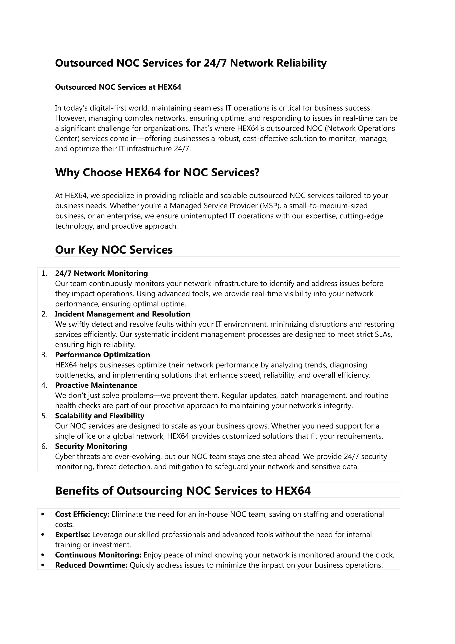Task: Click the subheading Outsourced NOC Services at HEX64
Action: pyautogui.click(x=118, y=87)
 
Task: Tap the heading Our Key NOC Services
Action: pyautogui.click(x=114, y=250)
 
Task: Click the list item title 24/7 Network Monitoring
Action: pyautogui.click(x=102, y=273)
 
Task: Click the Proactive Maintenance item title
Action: pyautogui.click(x=96, y=385)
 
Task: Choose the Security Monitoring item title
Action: pyautogui.click(x=91, y=446)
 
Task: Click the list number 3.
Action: pyautogui.click(x=44, y=355)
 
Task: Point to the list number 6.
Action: pyautogui.click(x=44, y=447)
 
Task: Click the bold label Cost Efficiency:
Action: pyautogui.click(x=82, y=514)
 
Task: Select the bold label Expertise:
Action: pyautogui.click(x=72, y=535)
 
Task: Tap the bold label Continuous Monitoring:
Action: pyautogui.click(x=98, y=555)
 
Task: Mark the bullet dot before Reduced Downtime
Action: pyautogui.click(x=43, y=565)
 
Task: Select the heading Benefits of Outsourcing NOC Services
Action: pyautogui.click(x=183, y=491)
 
